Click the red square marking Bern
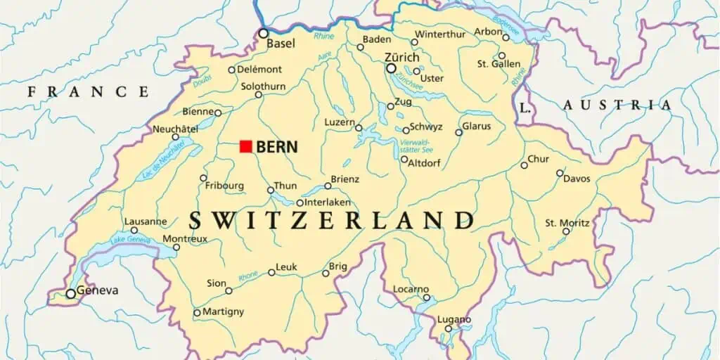245,146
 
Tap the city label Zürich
401,57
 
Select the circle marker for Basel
264,33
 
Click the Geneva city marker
71,293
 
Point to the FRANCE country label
89,91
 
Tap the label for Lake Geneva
130,240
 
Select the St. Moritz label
567,223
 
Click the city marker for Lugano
448,328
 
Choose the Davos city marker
560,173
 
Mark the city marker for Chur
524,165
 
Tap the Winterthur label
440,34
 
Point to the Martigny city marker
197,312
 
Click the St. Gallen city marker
502,56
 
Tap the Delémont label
259,69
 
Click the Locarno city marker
426,297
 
